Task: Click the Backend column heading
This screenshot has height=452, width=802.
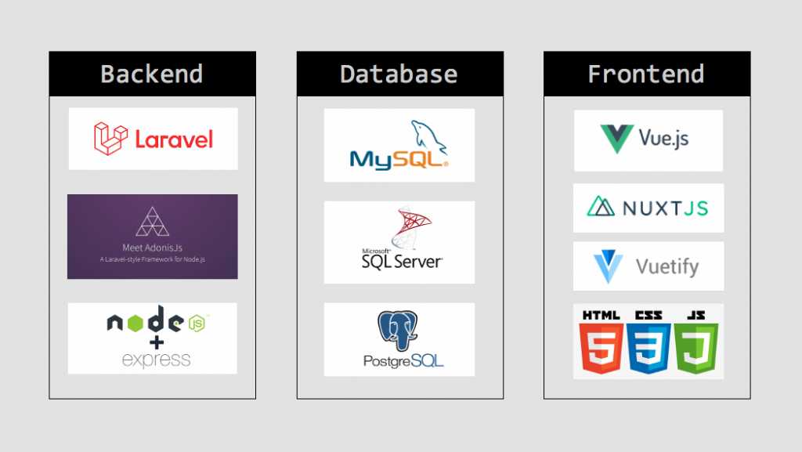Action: (152, 74)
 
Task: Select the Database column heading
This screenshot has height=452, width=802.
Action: (399, 74)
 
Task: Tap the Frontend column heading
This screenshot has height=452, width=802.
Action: (646, 74)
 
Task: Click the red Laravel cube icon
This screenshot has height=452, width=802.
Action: (110, 138)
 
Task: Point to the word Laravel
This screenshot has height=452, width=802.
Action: (174, 139)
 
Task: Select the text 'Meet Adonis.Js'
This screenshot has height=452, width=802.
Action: (152, 247)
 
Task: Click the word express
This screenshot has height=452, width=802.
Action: (156, 360)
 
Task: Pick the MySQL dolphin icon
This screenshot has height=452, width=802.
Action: (428, 137)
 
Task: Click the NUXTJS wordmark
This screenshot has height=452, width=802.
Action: (666, 208)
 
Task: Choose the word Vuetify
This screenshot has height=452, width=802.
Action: (667, 266)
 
